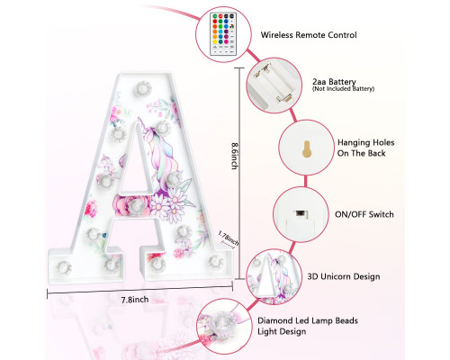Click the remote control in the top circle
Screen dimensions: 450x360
coord(223,34)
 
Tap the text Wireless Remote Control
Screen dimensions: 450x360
coord(309,35)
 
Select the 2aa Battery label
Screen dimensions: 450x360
coord(334,82)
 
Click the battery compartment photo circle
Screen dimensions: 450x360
coord(274,85)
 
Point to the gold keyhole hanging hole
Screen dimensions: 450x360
coord(306,148)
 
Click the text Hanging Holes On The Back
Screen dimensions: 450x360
coord(365,148)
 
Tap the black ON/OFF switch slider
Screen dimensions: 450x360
coord(300,213)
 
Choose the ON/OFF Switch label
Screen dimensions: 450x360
coord(364,214)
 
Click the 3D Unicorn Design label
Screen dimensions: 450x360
coord(344,276)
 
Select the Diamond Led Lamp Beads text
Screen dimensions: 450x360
coord(308,320)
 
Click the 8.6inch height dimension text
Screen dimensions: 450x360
coord(235,156)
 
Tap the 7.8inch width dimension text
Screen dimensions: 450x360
coord(135,300)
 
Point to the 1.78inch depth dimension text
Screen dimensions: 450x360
coord(229,238)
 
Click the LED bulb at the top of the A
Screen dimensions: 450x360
coord(143,88)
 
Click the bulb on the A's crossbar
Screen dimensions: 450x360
coord(137,206)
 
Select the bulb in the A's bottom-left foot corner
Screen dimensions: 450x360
coord(64,267)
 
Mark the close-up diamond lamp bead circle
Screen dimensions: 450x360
coord(224,327)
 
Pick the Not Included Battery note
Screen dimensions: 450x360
coord(343,89)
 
